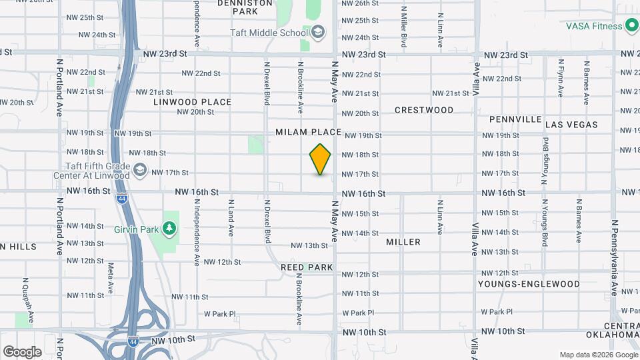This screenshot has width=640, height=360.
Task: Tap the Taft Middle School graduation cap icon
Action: click(x=318, y=32)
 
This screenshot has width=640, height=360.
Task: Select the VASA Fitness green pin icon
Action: click(x=632, y=27)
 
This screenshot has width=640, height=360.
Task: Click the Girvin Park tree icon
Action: click(x=169, y=229)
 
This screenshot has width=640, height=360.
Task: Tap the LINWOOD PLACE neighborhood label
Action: click(x=192, y=102)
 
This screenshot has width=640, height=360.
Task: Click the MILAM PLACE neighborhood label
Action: click(x=308, y=133)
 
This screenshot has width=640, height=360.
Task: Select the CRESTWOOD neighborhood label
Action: click(x=424, y=110)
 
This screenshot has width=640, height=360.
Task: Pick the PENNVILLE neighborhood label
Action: click(x=515, y=119)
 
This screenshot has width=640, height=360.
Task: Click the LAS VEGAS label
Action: click(x=571, y=125)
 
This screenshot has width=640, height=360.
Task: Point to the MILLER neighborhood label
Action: click(x=403, y=242)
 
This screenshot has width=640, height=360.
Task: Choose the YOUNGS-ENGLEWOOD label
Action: click(x=529, y=284)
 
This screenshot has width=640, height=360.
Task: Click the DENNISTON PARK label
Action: click(x=246, y=7)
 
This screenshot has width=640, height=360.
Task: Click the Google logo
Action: click(x=22, y=351)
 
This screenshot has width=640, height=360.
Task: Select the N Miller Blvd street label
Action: click(x=404, y=27)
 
